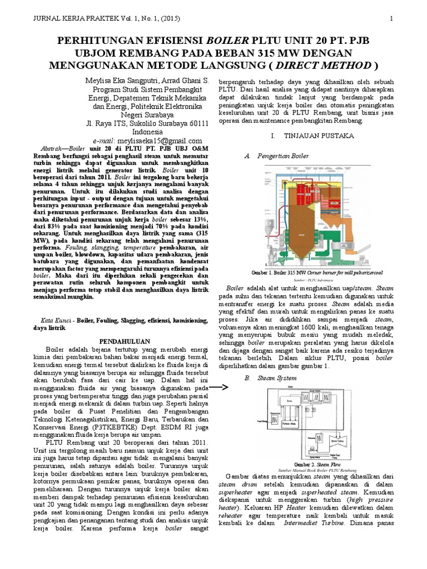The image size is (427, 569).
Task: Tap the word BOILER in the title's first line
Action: pyautogui.click(x=227, y=41)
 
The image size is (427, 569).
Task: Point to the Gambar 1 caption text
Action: pyautogui.click(x=317, y=273)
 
